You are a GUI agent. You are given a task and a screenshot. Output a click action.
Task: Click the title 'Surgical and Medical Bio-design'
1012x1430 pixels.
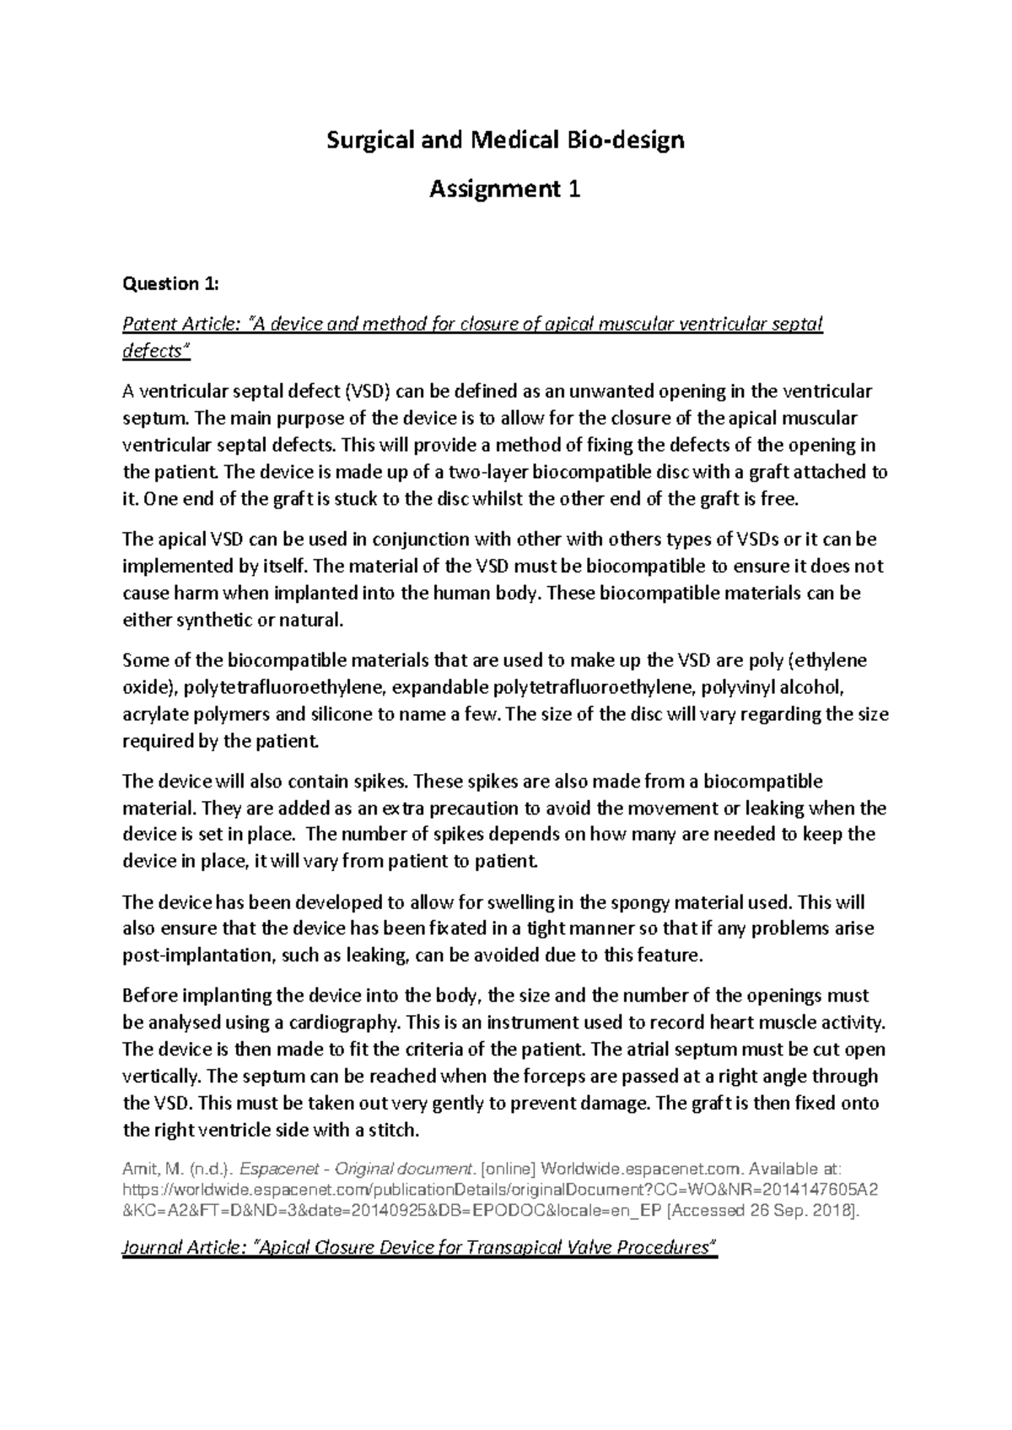coord(505,140)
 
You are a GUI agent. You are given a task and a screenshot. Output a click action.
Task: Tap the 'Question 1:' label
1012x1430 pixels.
coord(170,284)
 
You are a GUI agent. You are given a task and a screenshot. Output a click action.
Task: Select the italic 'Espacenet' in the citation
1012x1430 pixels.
coord(278,1169)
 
